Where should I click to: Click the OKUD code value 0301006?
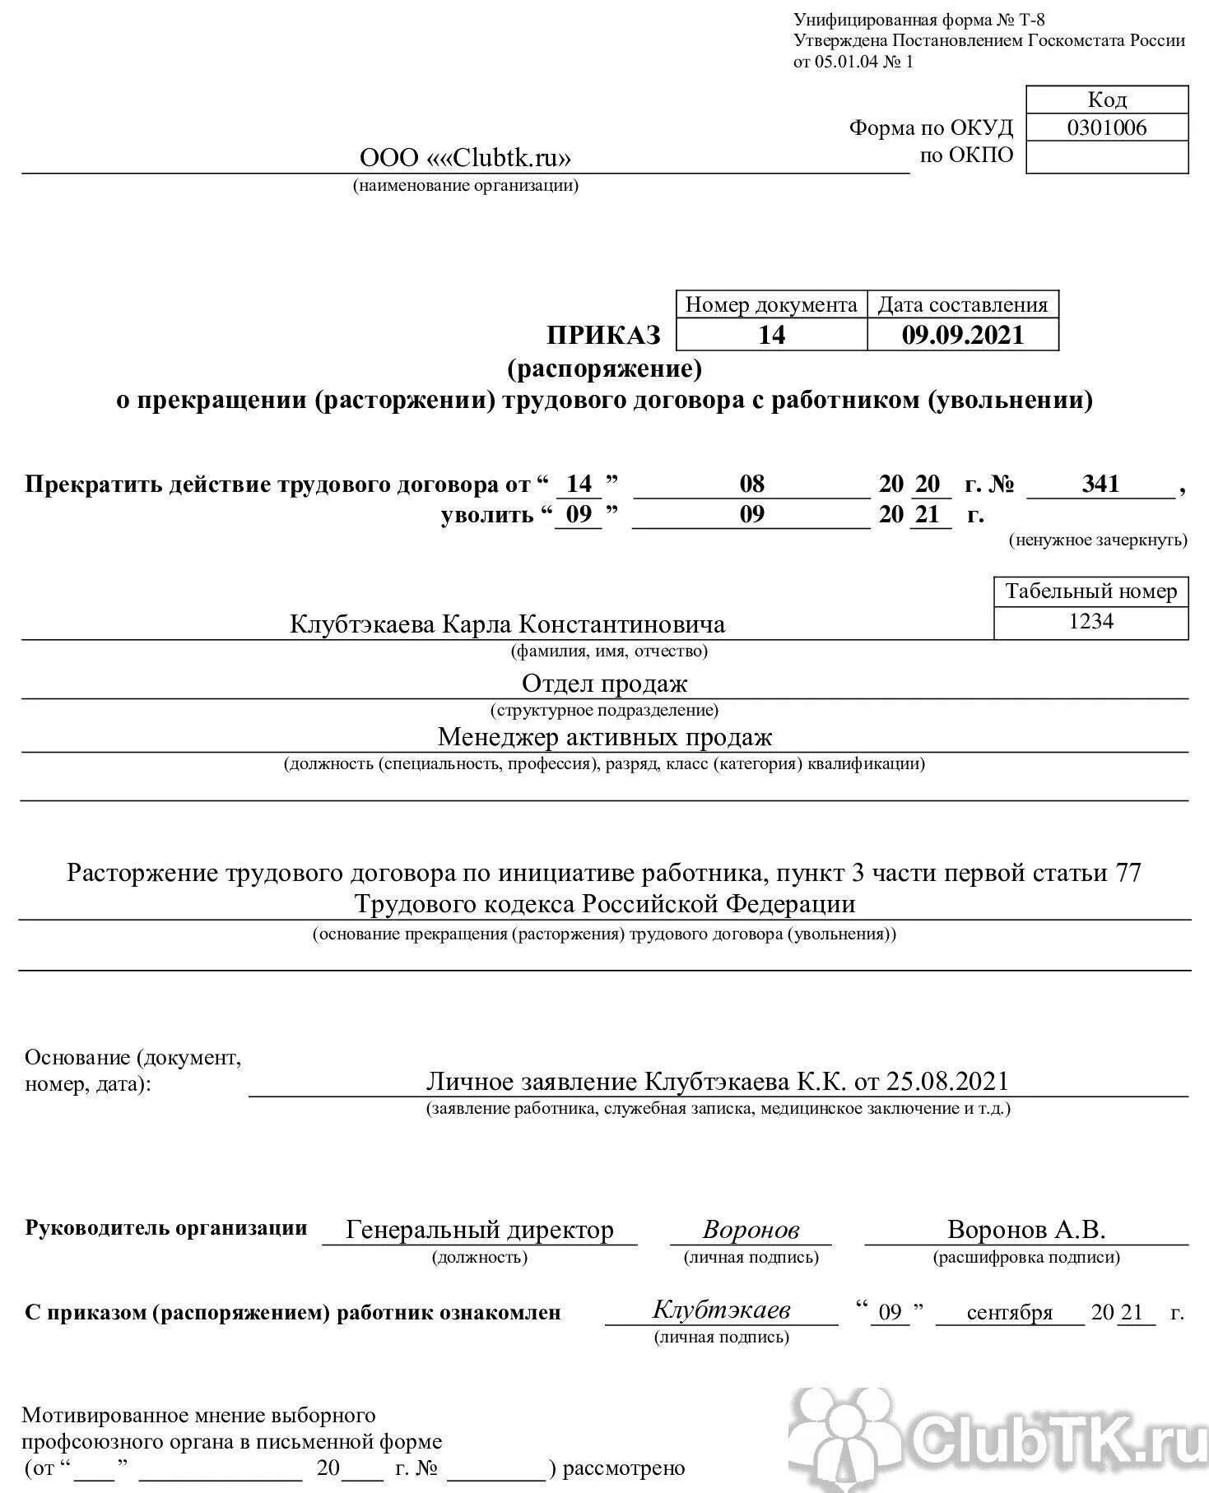pos(1106,128)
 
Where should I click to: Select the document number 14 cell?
pos(771,335)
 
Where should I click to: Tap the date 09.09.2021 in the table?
pos(962,335)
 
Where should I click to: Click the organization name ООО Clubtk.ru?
pos(465,157)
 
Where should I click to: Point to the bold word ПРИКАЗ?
pos(604,335)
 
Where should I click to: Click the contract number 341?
pos(1100,484)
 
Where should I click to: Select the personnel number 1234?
pos(1090,621)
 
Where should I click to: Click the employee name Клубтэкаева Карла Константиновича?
pos(507,624)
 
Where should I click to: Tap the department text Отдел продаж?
pos(604,683)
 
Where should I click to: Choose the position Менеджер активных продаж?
pos(604,736)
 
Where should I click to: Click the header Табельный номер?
pos(1090,591)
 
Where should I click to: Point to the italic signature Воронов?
pos(751,1230)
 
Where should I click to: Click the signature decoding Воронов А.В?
pos(1025,1230)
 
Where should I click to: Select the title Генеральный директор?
pos(480,1230)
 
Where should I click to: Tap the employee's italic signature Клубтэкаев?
pos(721,1310)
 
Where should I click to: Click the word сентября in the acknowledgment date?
pos(1009,1312)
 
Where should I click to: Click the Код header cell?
pos(1106,100)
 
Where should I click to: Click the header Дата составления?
pos(962,305)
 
